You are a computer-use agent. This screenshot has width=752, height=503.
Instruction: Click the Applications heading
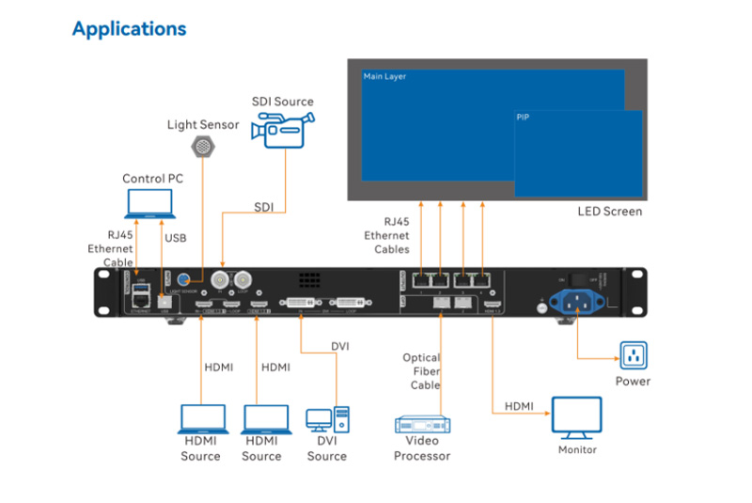(129, 29)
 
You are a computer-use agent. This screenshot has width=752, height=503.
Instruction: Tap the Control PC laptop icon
(149, 204)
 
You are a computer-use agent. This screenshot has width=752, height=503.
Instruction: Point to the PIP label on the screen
(524, 118)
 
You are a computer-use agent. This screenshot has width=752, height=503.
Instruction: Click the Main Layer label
(384, 76)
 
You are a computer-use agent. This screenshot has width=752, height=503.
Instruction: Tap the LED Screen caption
(609, 212)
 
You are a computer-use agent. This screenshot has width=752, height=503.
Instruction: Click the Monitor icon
(576, 417)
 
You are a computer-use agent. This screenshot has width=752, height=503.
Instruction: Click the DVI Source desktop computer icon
(327, 420)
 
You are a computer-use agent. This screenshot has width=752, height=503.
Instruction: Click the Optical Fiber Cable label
(421, 371)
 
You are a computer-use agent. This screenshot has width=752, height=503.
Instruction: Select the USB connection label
(176, 238)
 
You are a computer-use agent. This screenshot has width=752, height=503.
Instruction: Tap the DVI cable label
(340, 346)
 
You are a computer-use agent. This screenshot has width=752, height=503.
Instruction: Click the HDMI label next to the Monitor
(519, 406)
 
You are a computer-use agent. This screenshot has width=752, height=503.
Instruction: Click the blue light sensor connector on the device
(185, 279)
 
